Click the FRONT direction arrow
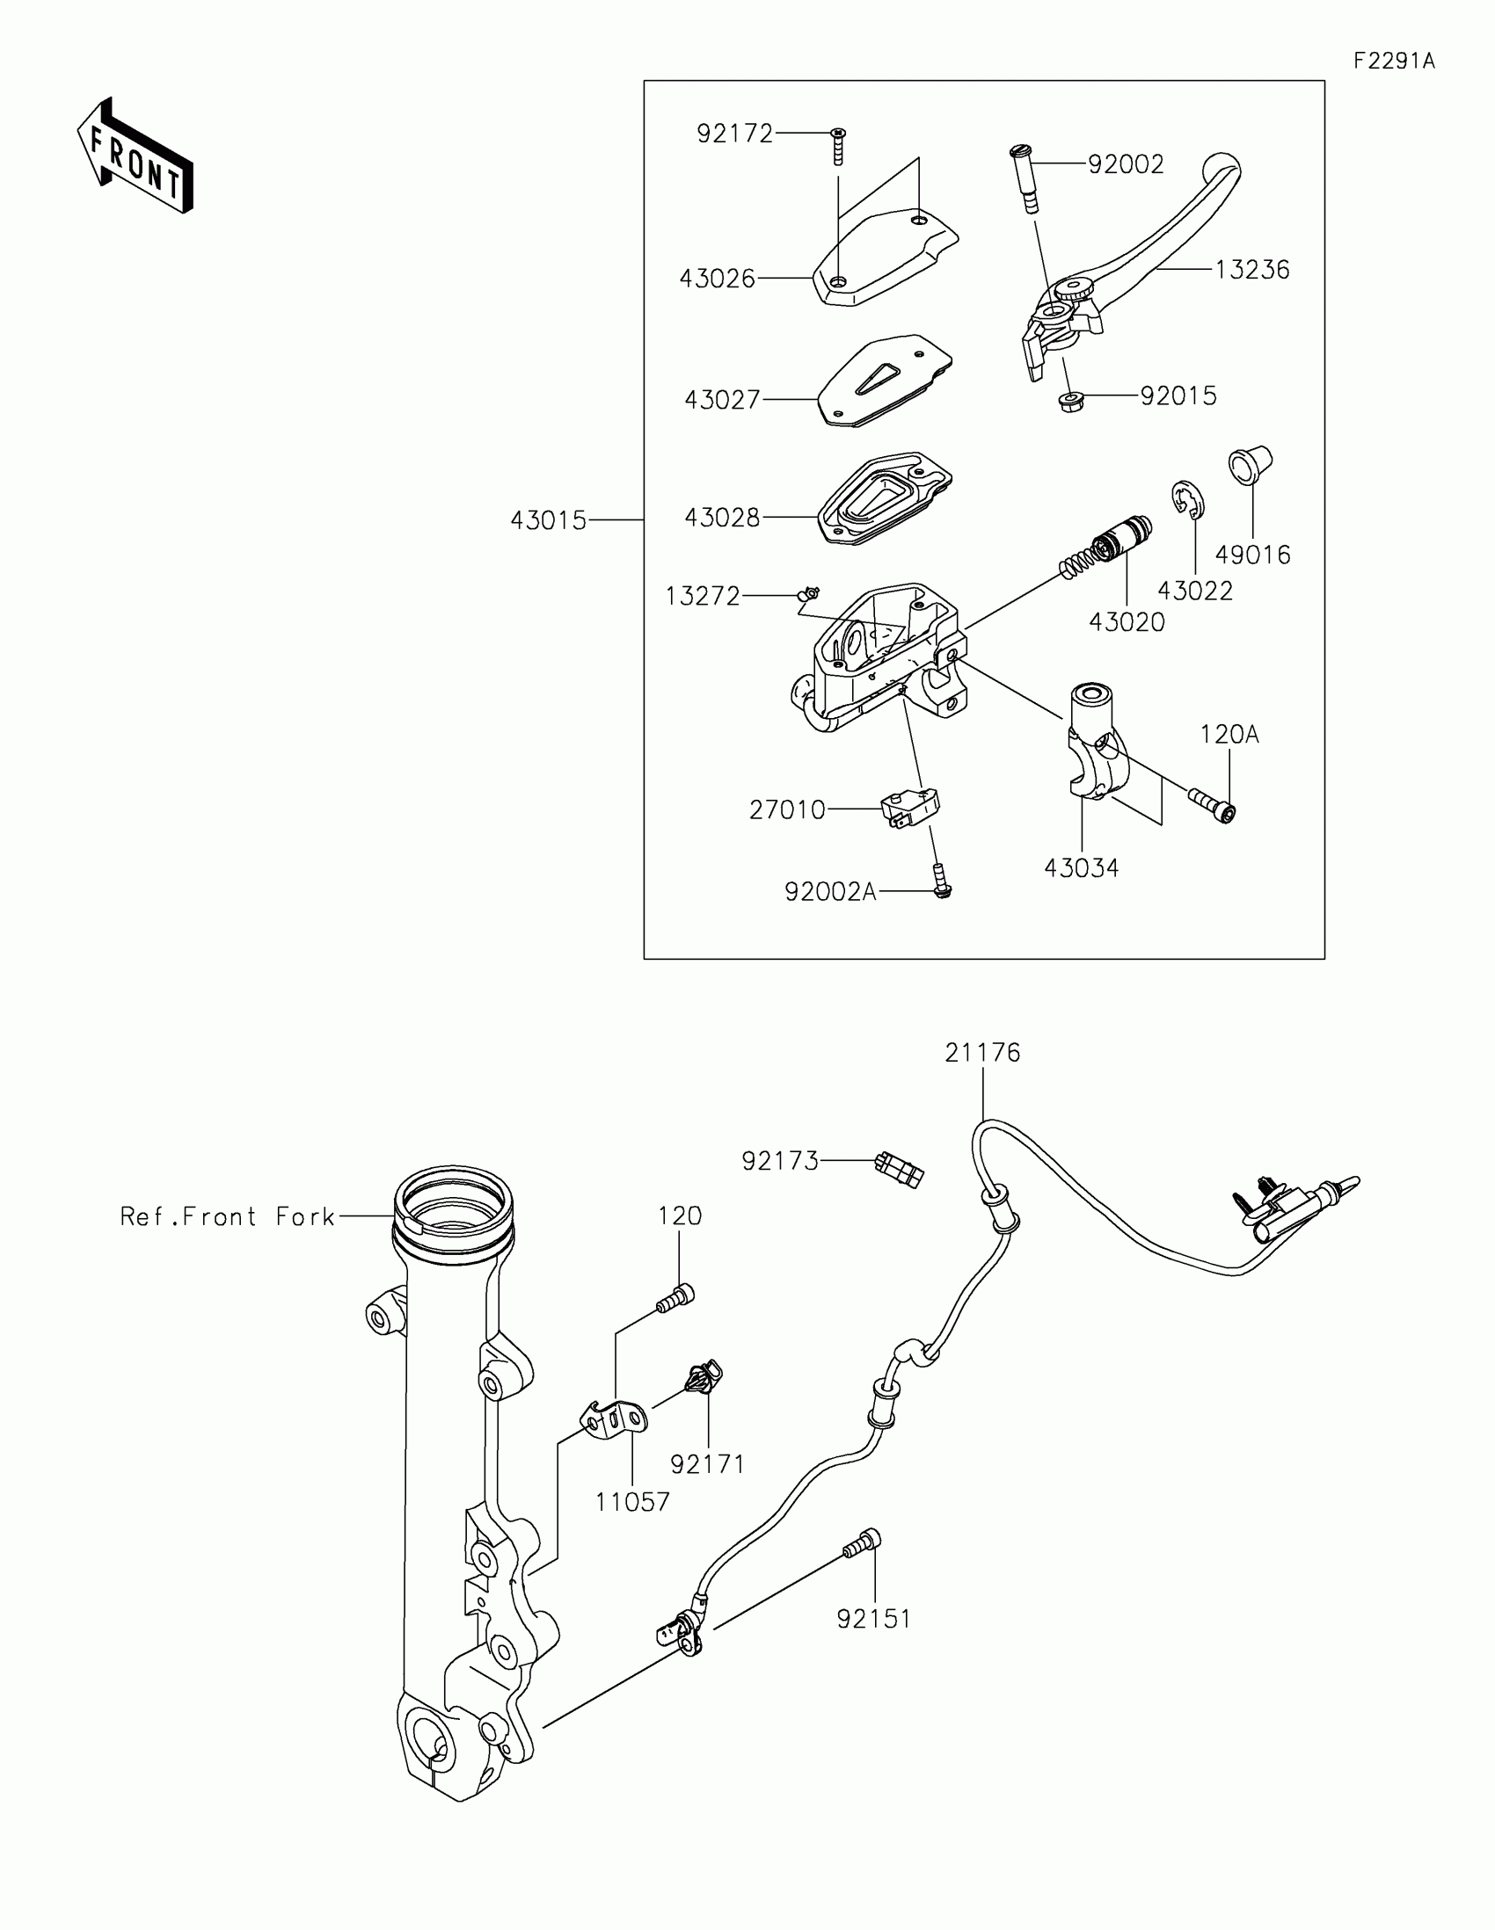point(135,156)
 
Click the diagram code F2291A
point(1394,61)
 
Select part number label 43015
point(548,520)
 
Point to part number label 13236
point(1252,270)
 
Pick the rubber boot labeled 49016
point(1250,465)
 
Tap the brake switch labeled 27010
point(909,808)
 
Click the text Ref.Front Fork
point(227,1217)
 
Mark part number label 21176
point(982,1053)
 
